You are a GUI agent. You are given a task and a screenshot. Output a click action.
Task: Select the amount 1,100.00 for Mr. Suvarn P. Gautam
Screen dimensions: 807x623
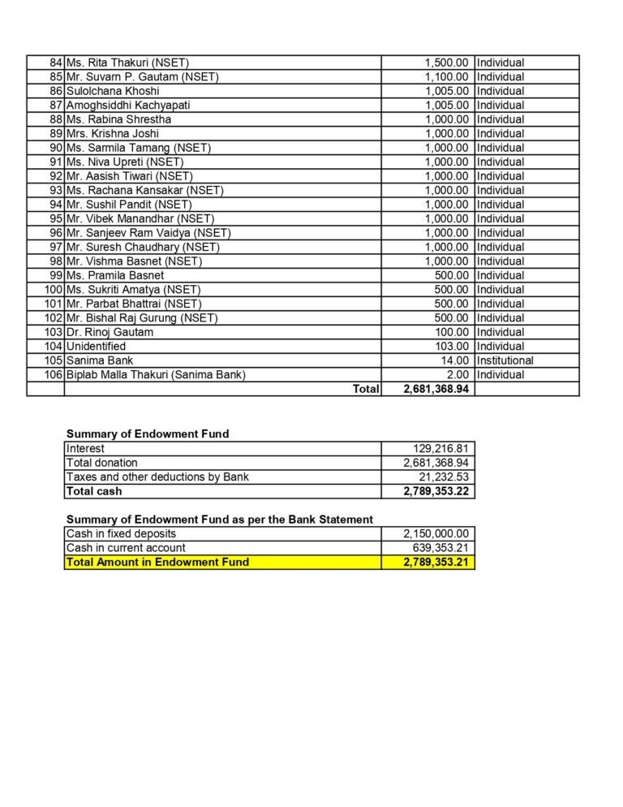(446, 77)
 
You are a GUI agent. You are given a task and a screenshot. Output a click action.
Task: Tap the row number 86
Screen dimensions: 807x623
(56, 91)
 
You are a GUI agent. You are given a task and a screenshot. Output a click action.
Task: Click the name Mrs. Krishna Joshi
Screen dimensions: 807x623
(113, 133)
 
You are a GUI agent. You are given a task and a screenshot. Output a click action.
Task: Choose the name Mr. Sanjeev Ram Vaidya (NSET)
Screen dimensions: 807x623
(148, 233)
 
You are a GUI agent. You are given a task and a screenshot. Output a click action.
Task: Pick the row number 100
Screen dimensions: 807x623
(54, 289)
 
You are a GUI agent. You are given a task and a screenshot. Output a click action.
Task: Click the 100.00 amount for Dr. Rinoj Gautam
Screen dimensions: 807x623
(452, 332)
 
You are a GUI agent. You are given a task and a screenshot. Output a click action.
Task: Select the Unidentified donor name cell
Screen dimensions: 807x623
(96, 346)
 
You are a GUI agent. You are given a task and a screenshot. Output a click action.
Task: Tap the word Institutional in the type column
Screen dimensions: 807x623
(505, 360)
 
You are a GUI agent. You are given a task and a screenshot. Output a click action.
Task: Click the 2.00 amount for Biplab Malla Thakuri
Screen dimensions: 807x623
(458, 374)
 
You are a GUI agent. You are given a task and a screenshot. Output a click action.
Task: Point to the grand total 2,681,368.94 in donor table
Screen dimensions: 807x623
(436, 389)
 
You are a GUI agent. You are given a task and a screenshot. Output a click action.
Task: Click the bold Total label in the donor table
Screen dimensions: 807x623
(365, 389)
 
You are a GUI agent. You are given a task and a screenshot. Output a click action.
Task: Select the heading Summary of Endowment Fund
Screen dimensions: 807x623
(147, 434)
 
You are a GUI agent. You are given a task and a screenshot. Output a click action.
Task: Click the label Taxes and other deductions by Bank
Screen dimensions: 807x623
(157, 477)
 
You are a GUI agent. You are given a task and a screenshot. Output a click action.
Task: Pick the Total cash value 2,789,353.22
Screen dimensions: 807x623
(436, 491)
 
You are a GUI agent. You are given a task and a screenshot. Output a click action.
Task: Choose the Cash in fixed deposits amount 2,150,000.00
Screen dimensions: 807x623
(436, 533)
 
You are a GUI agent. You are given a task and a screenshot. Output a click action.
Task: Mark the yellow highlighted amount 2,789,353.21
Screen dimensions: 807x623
(436, 562)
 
